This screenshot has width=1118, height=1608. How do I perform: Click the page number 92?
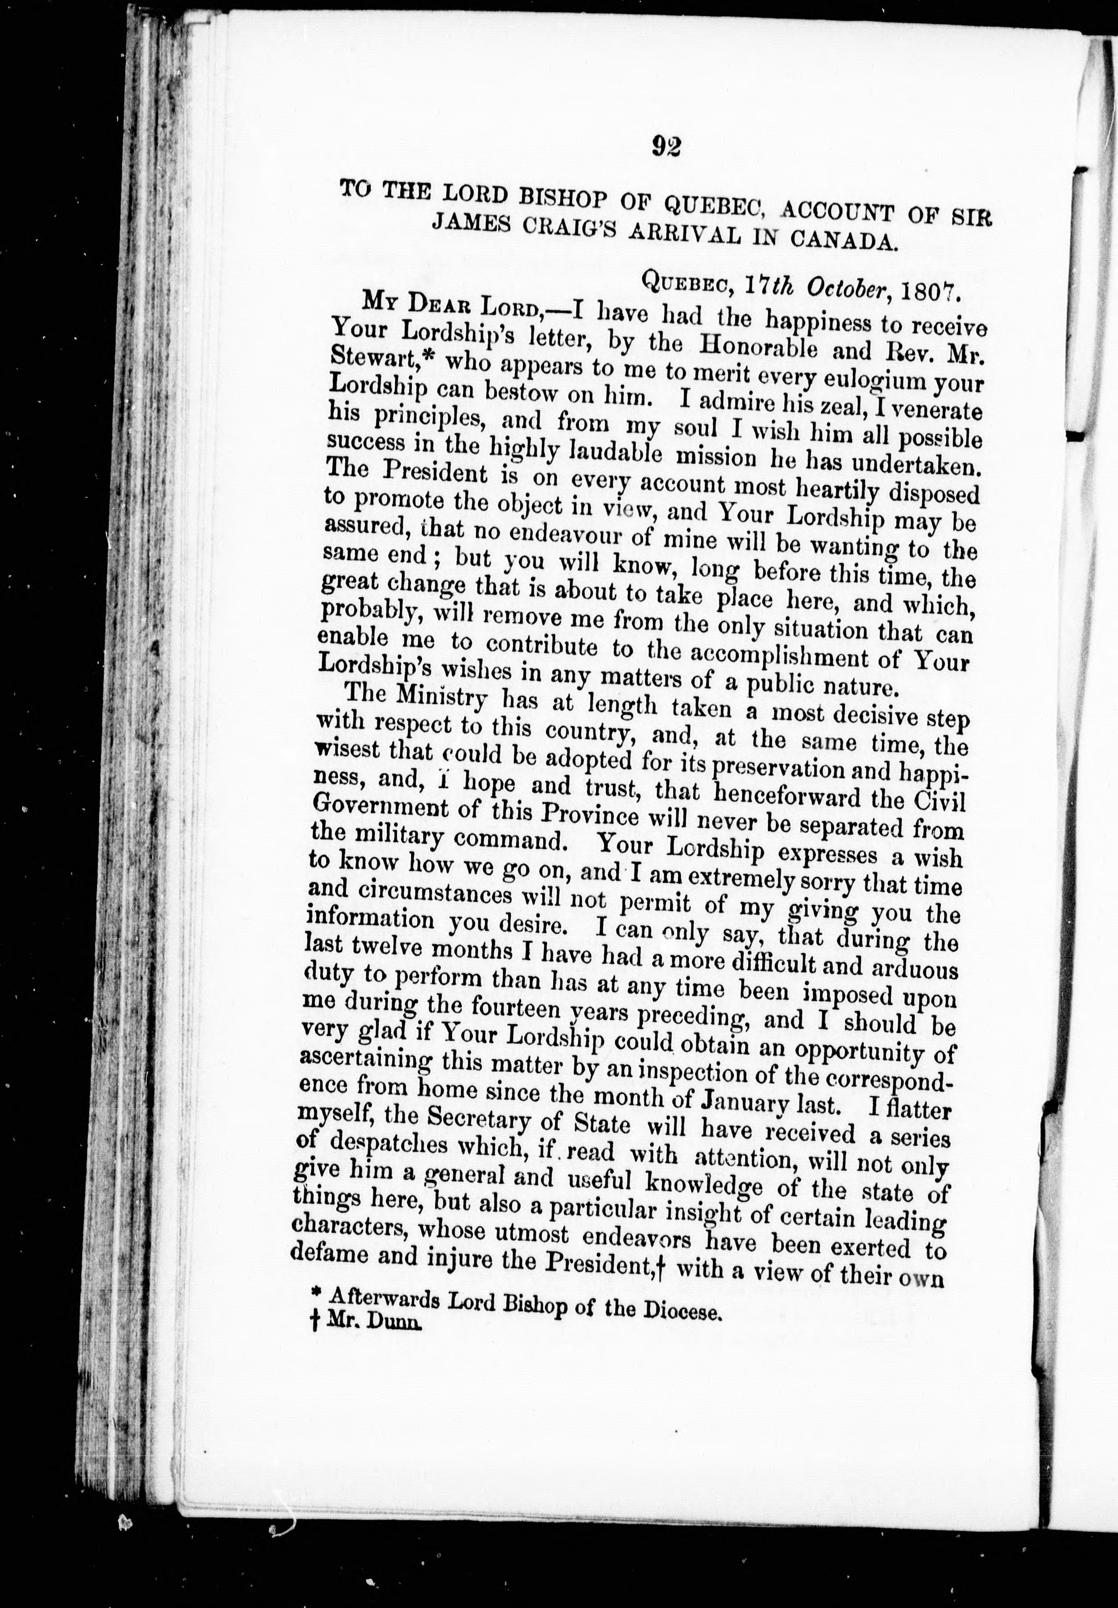coord(666,145)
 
